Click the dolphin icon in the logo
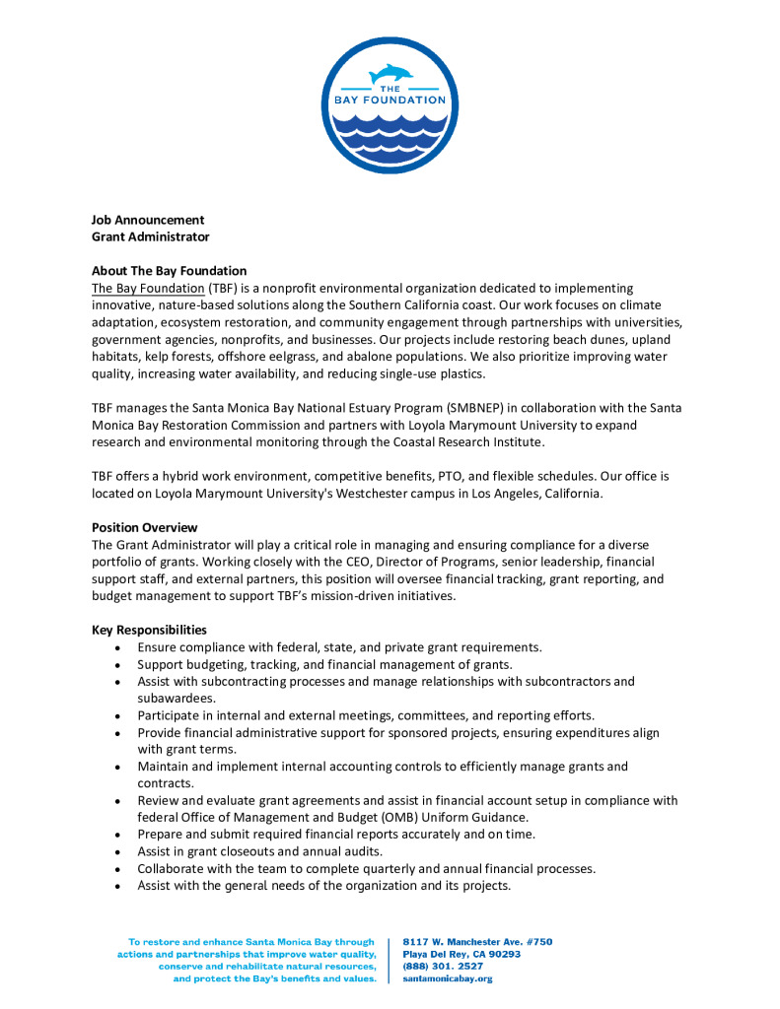(391, 74)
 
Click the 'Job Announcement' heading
(148, 220)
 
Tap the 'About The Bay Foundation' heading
(169, 271)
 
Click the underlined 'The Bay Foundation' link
(148, 288)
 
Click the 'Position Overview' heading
(144, 527)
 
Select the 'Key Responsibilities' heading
(149, 630)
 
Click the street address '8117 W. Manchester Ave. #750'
(478, 942)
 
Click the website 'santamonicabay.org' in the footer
(448, 978)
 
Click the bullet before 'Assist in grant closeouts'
(117, 851)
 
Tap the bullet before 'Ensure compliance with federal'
(117, 647)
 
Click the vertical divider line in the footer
(391, 960)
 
